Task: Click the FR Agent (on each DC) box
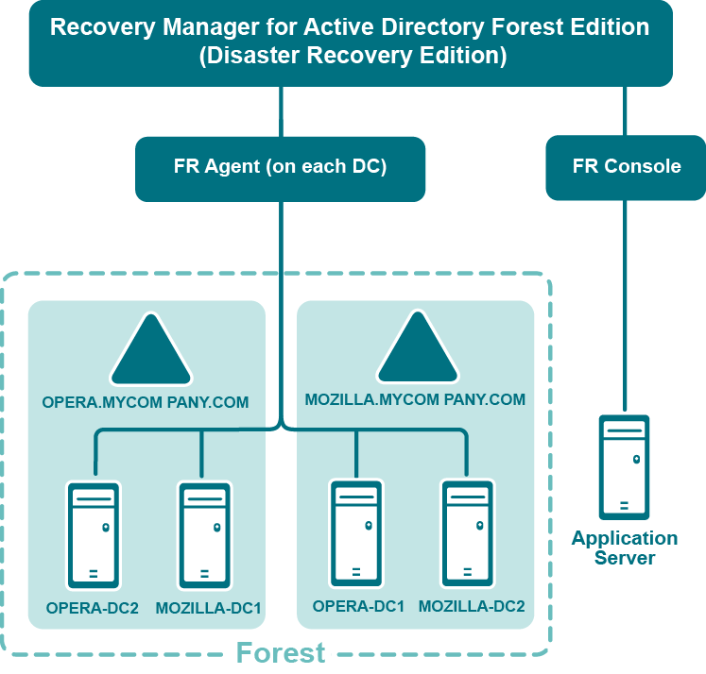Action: pos(280,167)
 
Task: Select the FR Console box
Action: pos(626,167)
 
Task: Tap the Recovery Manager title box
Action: pos(350,42)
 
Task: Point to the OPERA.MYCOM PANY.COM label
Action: pos(146,402)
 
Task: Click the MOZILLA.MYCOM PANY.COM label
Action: pos(415,400)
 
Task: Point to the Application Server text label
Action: pos(625,548)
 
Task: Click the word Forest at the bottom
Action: pos(280,653)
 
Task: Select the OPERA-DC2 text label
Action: pos(93,608)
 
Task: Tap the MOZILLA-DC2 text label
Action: pos(471,606)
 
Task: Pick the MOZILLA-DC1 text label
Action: pos(208,608)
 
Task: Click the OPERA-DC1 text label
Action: pos(358,606)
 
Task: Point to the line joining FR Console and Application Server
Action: pos(625,302)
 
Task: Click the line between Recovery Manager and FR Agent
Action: pos(281,110)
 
